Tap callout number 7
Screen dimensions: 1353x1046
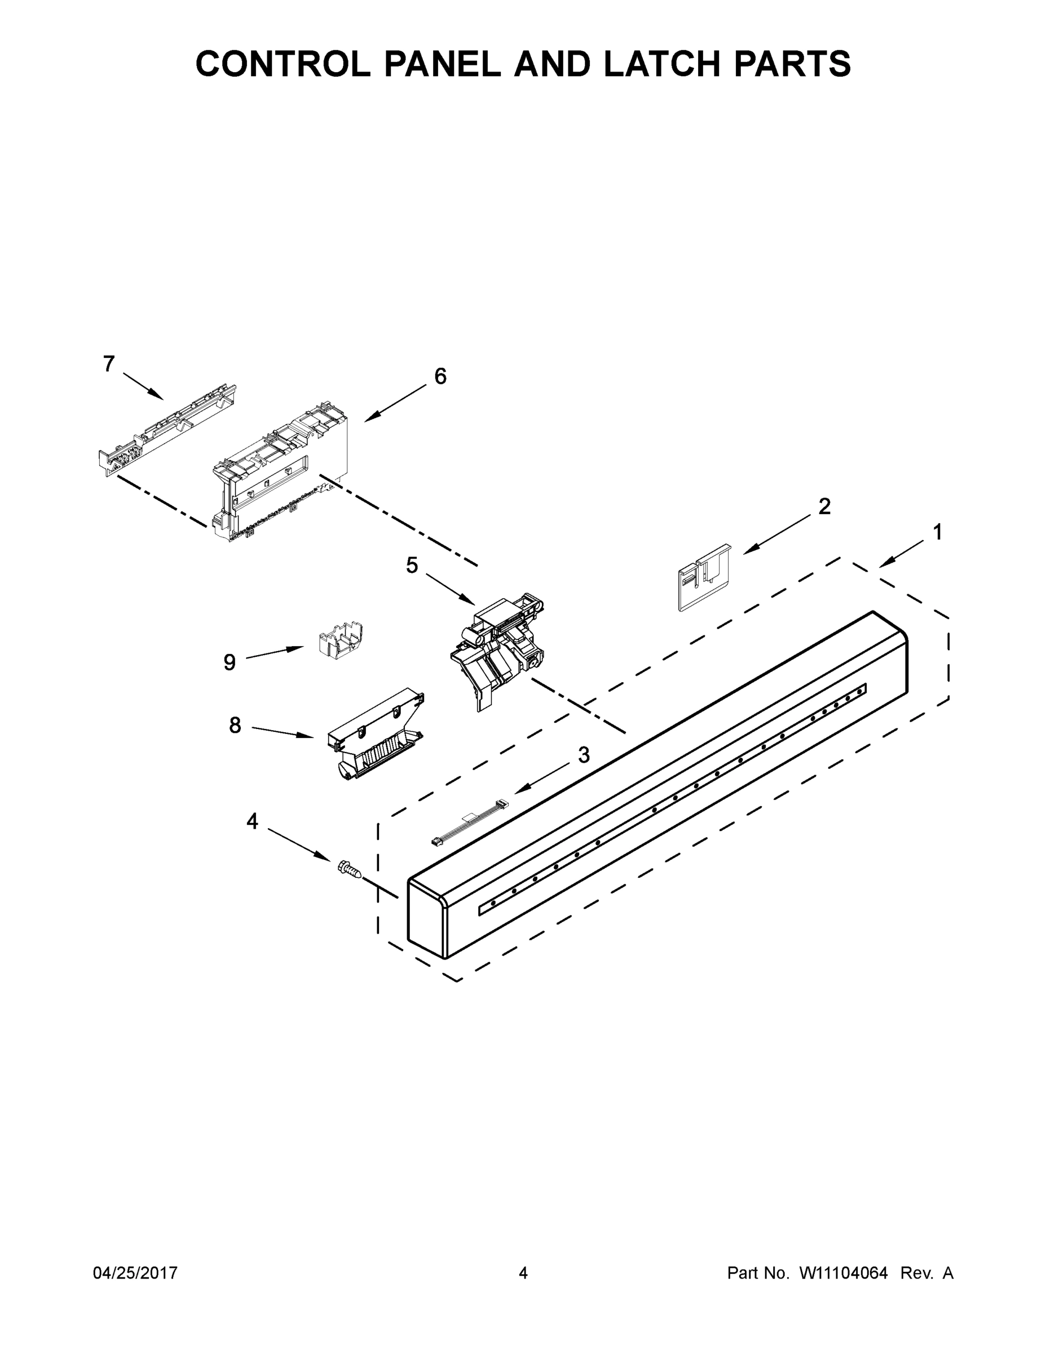point(109,364)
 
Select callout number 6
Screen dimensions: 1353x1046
point(440,376)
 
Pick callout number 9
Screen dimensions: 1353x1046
point(229,662)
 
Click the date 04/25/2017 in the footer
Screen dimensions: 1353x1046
point(135,1272)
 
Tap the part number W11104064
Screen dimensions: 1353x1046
point(844,1272)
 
